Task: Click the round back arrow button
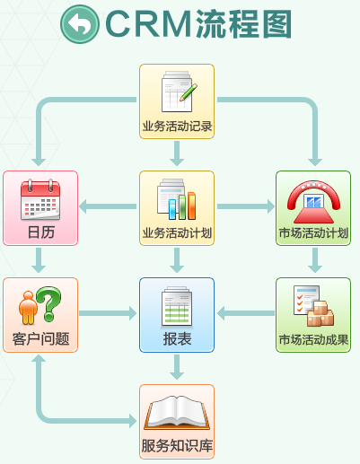pyautogui.click(x=80, y=24)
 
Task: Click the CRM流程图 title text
pyautogui.click(x=198, y=24)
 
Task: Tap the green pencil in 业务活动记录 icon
pyautogui.click(x=189, y=92)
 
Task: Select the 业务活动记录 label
pyautogui.click(x=177, y=127)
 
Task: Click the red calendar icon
pyautogui.click(x=40, y=199)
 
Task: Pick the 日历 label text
pyautogui.click(x=41, y=232)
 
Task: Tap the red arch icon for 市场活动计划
pyautogui.click(x=313, y=202)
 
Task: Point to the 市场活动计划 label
pyautogui.click(x=313, y=233)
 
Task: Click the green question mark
pyautogui.click(x=48, y=303)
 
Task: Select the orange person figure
pyautogui.click(x=28, y=308)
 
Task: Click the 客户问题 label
pyautogui.click(x=40, y=339)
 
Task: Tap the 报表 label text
pyautogui.click(x=177, y=339)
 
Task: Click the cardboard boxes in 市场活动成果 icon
pyautogui.click(x=320, y=314)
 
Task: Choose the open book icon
pyautogui.click(x=177, y=413)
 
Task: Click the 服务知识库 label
pyautogui.click(x=177, y=446)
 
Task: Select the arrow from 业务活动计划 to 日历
pyautogui.click(x=108, y=206)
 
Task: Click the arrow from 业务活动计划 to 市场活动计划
pyautogui.click(x=246, y=206)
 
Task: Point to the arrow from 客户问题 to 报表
pyautogui.click(x=108, y=313)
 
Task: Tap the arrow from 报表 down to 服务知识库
pyautogui.click(x=177, y=367)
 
